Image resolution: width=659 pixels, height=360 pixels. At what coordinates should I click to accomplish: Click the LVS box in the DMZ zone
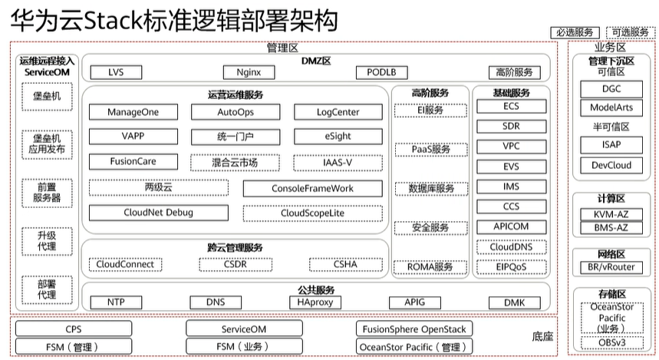coord(115,73)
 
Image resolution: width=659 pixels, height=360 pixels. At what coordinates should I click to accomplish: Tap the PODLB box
coord(381,73)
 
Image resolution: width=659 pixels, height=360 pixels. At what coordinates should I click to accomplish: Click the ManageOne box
coord(133,112)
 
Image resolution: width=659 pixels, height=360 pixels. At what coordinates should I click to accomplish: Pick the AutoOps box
coord(236,112)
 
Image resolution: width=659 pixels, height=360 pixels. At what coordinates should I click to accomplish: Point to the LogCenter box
coord(338,112)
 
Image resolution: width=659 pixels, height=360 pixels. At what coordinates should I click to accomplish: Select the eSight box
coord(338,137)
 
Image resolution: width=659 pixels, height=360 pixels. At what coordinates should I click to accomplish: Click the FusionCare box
coord(133,162)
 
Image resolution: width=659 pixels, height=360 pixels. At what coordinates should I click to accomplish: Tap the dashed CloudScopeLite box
coord(312,213)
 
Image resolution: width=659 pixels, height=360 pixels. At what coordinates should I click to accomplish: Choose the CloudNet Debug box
coord(158,213)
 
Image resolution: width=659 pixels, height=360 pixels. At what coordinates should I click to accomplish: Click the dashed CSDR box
coord(236,264)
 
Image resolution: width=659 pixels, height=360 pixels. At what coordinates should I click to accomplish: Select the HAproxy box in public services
coord(315,302)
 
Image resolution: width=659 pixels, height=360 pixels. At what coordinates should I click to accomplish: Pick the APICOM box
coord(511,226)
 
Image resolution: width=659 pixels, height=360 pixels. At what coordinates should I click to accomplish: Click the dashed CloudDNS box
coord(511,247)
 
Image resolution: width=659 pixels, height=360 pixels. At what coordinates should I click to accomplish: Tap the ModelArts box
coord(611,108)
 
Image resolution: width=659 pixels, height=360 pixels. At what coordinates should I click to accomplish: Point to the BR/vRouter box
coord(611,267)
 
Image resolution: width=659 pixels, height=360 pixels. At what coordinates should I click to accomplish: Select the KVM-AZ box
coord(611,214)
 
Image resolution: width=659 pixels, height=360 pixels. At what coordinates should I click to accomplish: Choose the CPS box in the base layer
coord(74,329)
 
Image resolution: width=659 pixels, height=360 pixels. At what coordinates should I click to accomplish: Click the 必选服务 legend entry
coord(575,32)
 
